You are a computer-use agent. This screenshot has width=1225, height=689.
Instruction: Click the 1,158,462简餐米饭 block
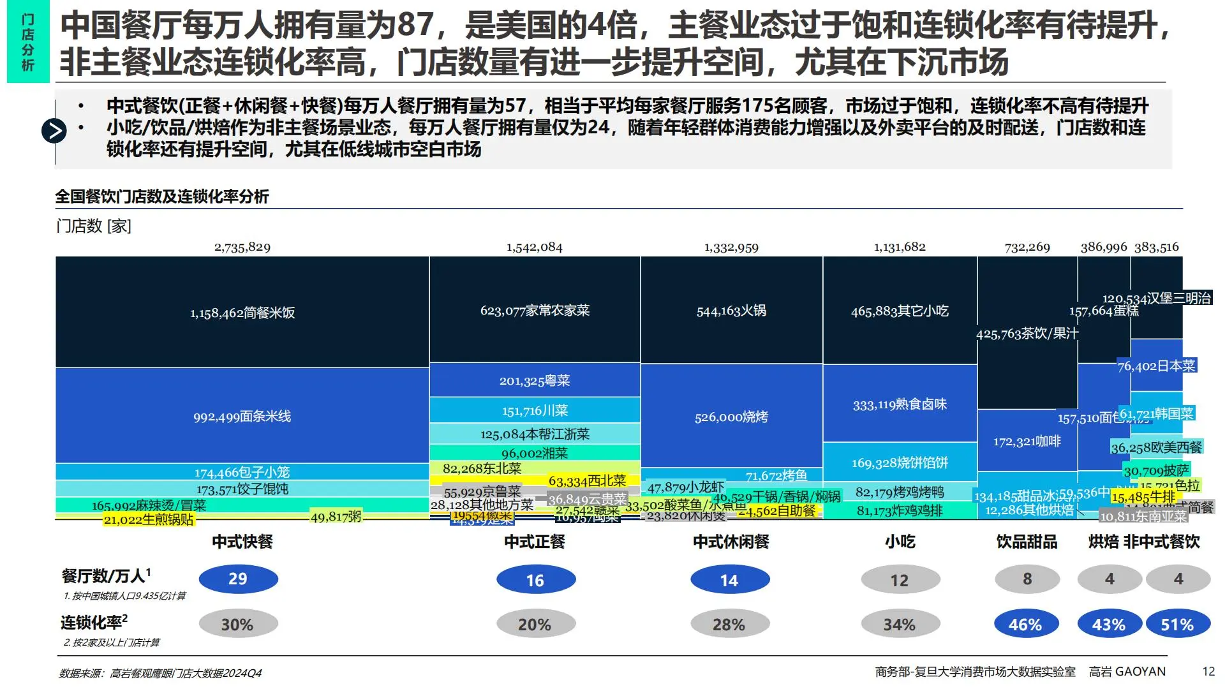(x=242, y=313)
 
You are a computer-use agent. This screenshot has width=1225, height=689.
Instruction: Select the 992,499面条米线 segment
(x=242, y=416)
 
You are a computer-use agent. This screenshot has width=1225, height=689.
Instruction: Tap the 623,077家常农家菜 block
(x=535, y=311)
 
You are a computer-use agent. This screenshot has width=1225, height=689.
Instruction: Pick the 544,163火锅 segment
(x=731, y=311)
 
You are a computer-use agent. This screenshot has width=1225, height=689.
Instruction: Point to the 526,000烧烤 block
(x=731, y=417)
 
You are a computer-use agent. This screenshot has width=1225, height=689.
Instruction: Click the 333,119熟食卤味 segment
(x=900, y=404)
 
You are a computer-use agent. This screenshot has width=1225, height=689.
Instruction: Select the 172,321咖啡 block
(x=1027, y=441)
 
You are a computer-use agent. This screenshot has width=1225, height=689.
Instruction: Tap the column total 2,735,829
(x=242, y=247)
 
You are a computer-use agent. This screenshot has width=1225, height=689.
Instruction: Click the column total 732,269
(x=1027, y=247)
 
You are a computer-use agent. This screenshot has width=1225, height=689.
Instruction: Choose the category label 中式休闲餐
(x=731, y=542)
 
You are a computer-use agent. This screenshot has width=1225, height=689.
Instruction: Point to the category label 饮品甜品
(x=1027, y=542)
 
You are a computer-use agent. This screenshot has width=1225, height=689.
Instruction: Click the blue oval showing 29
(x=238, y=579)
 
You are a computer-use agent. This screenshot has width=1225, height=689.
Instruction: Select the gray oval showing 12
(x=900, y=580)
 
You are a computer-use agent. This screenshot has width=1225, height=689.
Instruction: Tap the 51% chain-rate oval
(x=1177, y=625)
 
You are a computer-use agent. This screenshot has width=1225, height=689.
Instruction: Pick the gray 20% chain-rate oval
(x=535, y=625)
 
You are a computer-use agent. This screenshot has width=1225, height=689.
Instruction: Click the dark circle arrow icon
(x=54, y=131)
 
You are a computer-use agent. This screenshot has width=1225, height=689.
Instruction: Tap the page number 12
(x=1208, y=671)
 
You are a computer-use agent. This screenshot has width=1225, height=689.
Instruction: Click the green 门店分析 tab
(x=28, y=42)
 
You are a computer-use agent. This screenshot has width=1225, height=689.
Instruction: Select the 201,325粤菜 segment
(x=535, y=381)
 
